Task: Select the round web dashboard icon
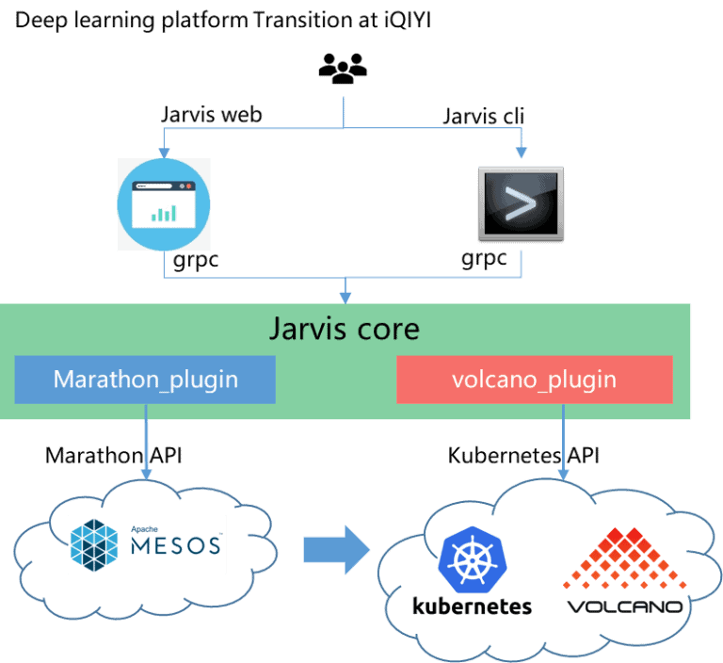[163, 204]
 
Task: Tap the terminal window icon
[521, 202]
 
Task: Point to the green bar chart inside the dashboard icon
[166, 212]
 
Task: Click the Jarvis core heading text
[344, 331]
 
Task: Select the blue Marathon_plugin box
[145, 380]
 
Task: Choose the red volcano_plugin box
[535, 380]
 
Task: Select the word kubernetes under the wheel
[472, 606]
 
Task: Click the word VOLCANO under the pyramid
[624, 606]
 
